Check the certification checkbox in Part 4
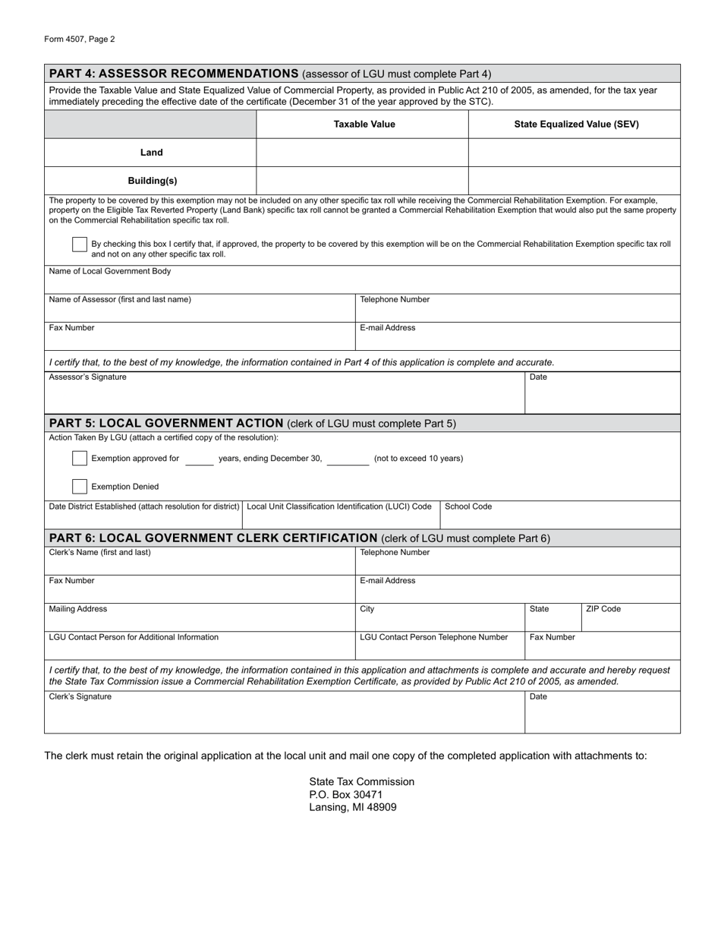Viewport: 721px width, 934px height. coord(80,245)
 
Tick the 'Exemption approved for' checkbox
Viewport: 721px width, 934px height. coord(80,458)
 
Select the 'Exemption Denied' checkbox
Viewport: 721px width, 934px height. coord(80,487)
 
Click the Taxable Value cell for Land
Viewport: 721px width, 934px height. coord(362,153)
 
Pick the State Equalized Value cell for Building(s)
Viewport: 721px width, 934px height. coord(574,181)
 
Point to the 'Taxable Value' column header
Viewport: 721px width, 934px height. coord(364,125)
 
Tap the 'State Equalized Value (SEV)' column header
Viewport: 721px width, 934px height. coord(576,125)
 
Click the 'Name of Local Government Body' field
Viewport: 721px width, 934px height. coord(362,282)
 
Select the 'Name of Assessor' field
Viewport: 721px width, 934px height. coord(200,311)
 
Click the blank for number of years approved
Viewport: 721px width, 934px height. coord(199,459)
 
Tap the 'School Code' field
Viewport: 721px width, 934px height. coord(560,518)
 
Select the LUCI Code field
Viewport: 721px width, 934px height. coord(341,519)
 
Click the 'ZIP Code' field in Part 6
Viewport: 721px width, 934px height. coord(630,620)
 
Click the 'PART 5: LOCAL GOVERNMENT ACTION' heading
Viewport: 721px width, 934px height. coord(165,423)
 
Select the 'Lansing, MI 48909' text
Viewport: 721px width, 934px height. coord(352,807)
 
